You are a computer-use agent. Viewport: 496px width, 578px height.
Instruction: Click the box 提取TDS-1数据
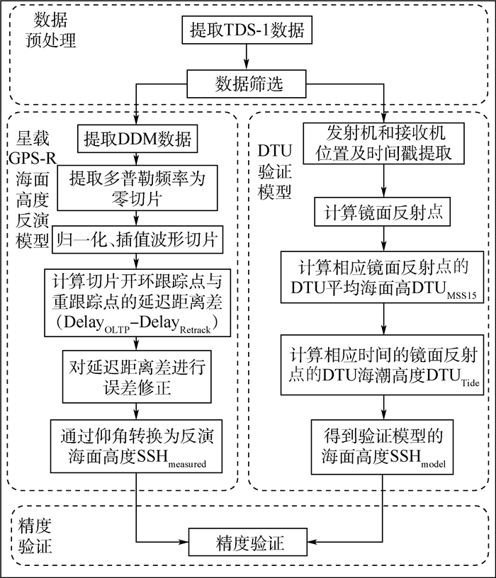coord(246,31)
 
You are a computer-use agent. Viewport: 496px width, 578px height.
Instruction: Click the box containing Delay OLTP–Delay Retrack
coord(136,300)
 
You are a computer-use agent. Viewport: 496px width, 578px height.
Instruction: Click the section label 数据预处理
coord(46,28)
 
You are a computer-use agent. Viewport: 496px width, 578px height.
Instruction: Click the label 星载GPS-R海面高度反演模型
coord(28,186)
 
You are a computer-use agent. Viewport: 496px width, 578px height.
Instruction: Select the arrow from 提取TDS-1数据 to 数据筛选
coord(246,57)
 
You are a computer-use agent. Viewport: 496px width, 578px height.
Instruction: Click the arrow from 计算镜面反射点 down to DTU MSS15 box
coord(384,239)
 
